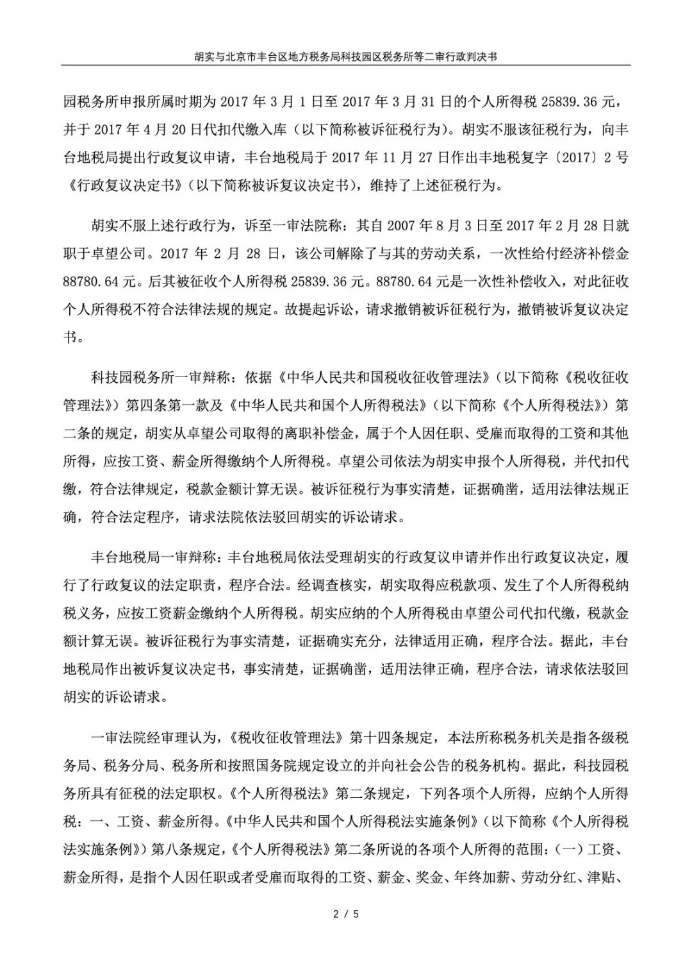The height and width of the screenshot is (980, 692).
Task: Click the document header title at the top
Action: tap(346, 56)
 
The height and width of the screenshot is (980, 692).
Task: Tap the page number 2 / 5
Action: tap(346, 914)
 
